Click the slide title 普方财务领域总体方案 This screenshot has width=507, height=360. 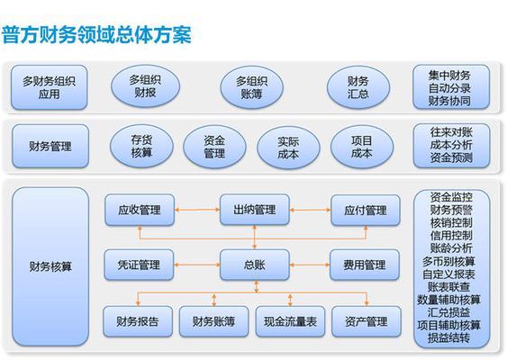point(96,34)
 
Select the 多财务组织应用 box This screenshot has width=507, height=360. point(50,87)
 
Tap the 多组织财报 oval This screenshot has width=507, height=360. point(145,86)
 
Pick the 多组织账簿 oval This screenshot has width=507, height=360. point(251,87)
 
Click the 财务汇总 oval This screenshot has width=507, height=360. point(358,87)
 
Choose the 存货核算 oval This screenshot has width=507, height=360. point(141,146)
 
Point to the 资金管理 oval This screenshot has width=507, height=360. point(214,147)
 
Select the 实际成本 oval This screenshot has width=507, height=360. point(288,148)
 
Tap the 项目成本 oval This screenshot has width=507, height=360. point(362,147)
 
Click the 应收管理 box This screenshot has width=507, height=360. point(140,210)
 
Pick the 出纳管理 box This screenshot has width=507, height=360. point(255,210)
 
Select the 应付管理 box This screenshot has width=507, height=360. point(366,210)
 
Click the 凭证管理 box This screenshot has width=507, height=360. point(139,265)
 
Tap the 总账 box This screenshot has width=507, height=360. point(255,265)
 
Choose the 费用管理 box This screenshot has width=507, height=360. point(365,265)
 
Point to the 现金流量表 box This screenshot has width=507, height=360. point(290,321)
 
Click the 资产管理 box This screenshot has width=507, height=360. point(367,321)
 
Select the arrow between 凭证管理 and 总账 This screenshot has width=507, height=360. point(197,265)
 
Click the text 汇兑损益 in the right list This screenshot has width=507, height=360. point(448,312)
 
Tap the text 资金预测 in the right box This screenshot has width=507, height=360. point(451,157)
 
